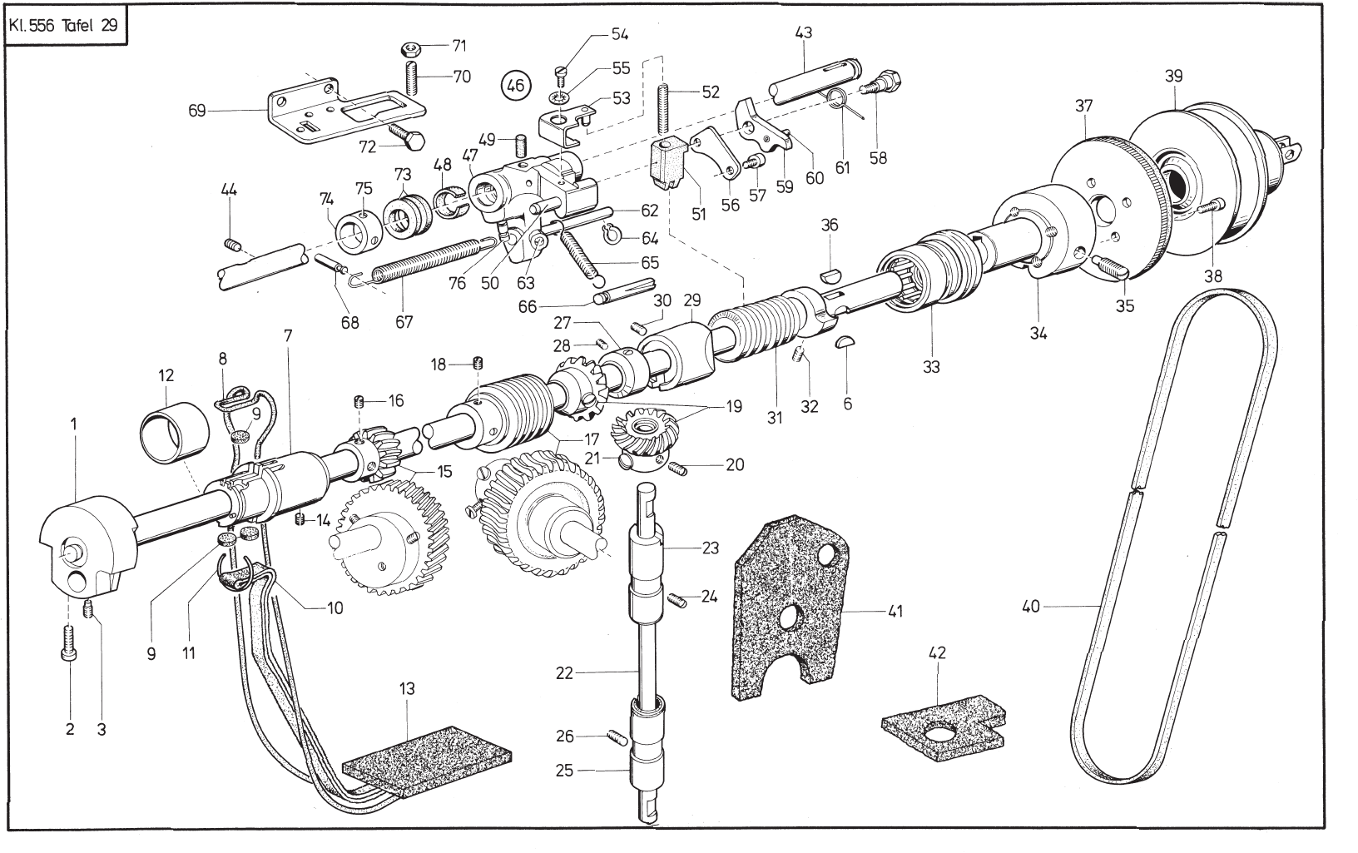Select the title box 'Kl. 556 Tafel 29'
(64, 24)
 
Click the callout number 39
(1173, 75)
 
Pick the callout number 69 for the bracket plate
(197, 110)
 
